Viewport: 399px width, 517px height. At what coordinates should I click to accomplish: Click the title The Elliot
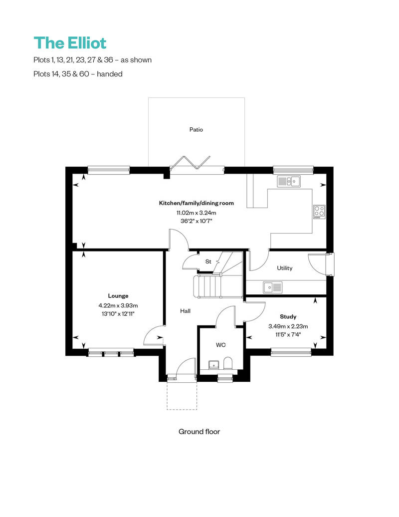coord(70,43)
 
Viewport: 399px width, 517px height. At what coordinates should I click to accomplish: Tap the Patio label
coord(196,130)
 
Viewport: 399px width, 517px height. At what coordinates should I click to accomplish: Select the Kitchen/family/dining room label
coord(196,203)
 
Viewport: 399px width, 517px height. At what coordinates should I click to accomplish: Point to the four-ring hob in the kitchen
coord(319,212)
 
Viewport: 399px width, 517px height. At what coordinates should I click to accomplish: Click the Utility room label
coord(285,268)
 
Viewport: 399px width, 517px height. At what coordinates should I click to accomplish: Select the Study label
coord(288,316)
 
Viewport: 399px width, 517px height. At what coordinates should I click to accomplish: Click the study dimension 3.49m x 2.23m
coord(288,326)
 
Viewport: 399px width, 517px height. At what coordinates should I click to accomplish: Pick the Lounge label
coord(118,295)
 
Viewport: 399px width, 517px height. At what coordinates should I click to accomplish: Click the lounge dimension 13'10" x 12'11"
coord(118,313)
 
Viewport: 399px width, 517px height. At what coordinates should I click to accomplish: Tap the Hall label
coord(185,311)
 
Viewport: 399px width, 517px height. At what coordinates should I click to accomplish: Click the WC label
coord(221,345)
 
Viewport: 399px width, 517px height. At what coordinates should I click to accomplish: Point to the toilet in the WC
coord(228,363)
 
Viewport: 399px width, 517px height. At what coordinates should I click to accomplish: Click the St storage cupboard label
coord(208,261)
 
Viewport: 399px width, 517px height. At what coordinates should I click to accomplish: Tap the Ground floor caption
coord(199,431)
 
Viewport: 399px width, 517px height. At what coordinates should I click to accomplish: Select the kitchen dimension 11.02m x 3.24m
coord(196,212)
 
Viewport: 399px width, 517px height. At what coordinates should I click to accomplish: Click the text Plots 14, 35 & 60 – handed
coord(77,74)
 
